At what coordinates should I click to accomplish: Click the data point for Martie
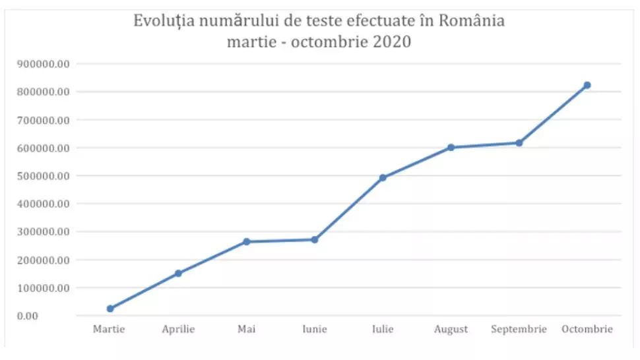[110, 309]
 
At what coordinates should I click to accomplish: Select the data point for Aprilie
[178, 273]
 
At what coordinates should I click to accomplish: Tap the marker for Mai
[247, 242]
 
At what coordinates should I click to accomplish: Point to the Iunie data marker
[315, 239]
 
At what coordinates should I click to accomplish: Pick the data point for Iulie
[383, 177]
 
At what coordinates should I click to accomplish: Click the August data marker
[451, 148]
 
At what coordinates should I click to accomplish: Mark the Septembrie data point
[519, 143]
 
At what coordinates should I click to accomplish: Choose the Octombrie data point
[587, 85]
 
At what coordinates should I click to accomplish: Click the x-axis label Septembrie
[519, 329]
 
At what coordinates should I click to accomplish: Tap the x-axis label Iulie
[383, 329]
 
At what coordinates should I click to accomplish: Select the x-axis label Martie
[110, 329]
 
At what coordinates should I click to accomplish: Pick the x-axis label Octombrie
[587, 329]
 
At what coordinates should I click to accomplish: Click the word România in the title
[473, 21]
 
